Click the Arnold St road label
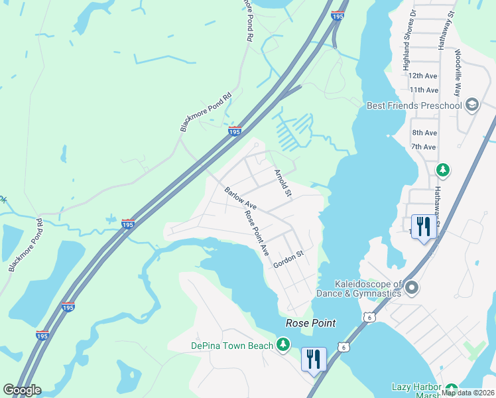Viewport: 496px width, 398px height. (283, 184)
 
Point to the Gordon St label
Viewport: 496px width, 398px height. (288, 259)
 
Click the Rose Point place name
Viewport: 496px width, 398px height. (310, 323)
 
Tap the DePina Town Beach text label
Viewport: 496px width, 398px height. (231, 346)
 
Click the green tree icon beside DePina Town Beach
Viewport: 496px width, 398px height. (283, 344)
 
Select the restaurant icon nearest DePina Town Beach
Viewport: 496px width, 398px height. (312, 359)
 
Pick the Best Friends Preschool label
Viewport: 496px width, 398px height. (414, 105)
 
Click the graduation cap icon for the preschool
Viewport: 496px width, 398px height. (471, 105)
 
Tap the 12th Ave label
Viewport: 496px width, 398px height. (424, 76)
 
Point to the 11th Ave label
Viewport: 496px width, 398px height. (424, 90)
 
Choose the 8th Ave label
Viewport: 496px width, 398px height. (424, 133)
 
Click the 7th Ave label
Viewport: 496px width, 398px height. (424, 147)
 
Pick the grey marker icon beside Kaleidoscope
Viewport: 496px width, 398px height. (412, 288)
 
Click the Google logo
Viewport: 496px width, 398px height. (22, 390)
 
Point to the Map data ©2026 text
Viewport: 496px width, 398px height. (467, 393)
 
